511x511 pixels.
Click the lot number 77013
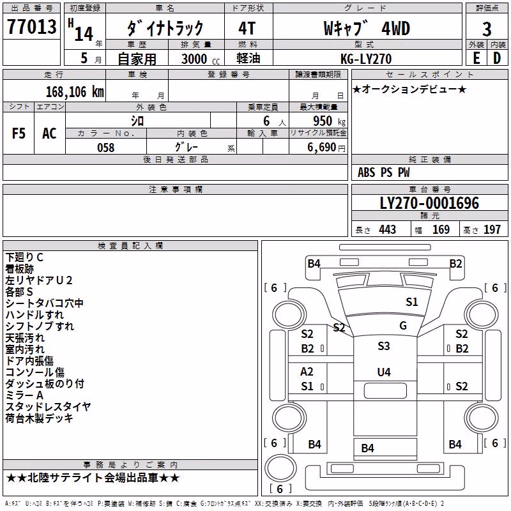point(31,27)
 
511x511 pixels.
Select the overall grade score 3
point(487,29)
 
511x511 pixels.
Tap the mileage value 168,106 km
point(75,92)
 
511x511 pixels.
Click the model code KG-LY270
point(366,59)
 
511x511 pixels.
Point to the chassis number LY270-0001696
point(429,203)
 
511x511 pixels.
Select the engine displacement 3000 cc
point(201,59)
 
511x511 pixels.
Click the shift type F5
point(19,133)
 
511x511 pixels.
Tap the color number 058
point(106,148)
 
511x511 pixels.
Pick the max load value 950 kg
point(329,121)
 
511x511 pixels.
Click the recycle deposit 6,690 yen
point(326,148)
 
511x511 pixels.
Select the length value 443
point(388,229)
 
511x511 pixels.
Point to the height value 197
point(492,229)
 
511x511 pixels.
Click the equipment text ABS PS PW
point(384,172)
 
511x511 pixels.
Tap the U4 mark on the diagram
point(384,372)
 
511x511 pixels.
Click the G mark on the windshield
point(403,326)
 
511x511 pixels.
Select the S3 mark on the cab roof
point(384,346)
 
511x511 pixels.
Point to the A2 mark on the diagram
point(307,372)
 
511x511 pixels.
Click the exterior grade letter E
point(477,58)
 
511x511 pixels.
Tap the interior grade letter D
point(497,58)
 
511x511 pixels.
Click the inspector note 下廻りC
point(24,257)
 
